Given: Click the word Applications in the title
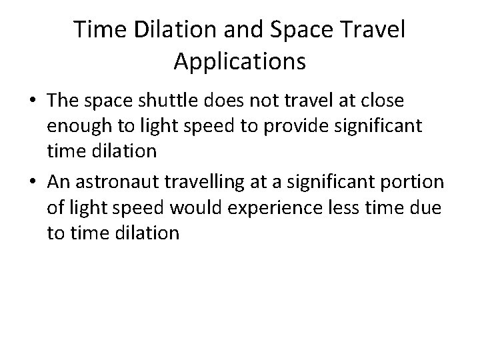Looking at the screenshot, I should pos(239,61).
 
